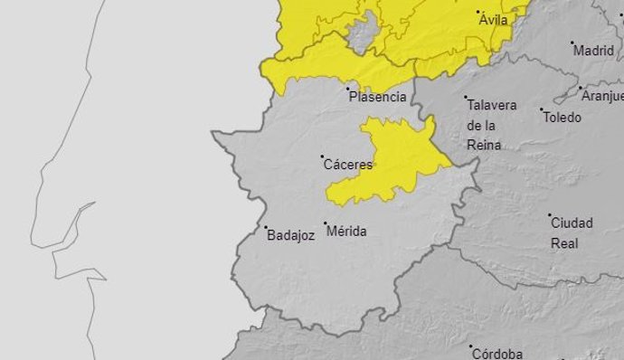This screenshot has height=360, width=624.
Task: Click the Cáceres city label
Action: [348, 166]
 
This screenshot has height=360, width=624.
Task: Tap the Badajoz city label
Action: [291, 235]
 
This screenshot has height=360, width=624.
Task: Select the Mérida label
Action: [347, 232]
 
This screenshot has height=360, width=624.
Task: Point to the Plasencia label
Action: [377, 95]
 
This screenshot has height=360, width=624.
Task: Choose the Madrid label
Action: [593, 51]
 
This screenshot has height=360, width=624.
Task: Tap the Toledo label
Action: [563, 117]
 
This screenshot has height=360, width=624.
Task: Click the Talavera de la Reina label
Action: [492, 125]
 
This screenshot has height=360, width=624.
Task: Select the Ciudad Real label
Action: [572, 232]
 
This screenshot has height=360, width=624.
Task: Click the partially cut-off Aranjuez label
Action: [602, 96]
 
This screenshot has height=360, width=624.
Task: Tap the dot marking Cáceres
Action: [323, 157]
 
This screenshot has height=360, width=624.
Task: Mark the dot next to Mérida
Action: [326, 223]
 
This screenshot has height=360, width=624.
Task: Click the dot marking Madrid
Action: [572, 43]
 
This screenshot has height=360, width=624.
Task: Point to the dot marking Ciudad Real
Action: [550, 216]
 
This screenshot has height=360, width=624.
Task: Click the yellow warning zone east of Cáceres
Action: [398, 154]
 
